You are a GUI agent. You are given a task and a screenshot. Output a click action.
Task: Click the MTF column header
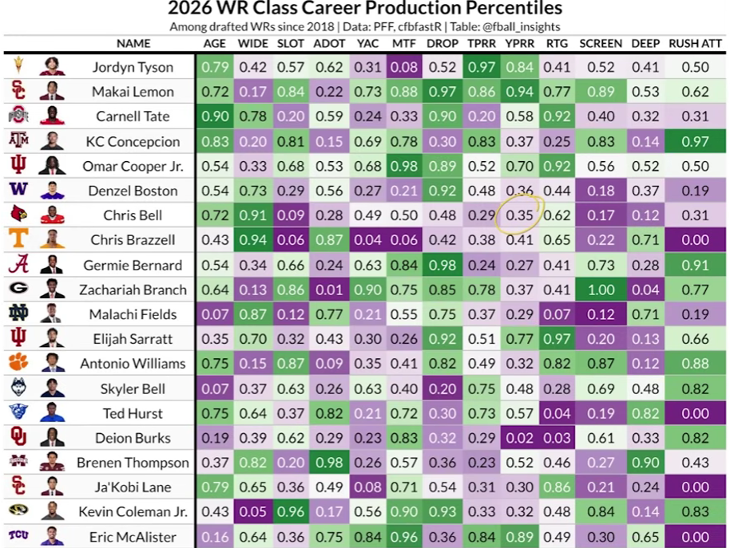coord(403,43)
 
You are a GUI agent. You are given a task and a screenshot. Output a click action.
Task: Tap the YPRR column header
coord(519,43)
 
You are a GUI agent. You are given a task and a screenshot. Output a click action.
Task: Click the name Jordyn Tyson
coord(133,67)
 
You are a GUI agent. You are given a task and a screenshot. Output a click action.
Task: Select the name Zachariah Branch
coord(133,290)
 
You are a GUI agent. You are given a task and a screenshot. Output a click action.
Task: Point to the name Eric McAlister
coord(133,537)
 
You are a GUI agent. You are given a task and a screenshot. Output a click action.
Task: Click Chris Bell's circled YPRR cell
coord(520,215)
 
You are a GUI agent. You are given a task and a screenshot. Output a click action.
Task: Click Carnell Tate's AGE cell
coord(215,116)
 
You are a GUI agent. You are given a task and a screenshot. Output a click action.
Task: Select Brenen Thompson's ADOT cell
coord(330,463)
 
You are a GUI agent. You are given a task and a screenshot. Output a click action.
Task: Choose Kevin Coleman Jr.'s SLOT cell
coord(291,512)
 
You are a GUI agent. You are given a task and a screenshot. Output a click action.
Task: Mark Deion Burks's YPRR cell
coord(520,438)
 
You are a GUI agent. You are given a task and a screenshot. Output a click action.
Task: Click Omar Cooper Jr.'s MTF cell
coord(404,166)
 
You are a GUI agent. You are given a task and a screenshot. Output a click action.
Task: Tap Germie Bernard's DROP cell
coord(442,265)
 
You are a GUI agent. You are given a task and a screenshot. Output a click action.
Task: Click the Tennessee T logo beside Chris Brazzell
coord(18,239)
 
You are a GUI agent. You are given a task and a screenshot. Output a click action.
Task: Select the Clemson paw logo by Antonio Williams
coord(18,363)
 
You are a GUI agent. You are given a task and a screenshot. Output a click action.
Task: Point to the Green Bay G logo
coord(18,290)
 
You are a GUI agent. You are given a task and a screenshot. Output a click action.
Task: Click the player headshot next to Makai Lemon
coord(51,92)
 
